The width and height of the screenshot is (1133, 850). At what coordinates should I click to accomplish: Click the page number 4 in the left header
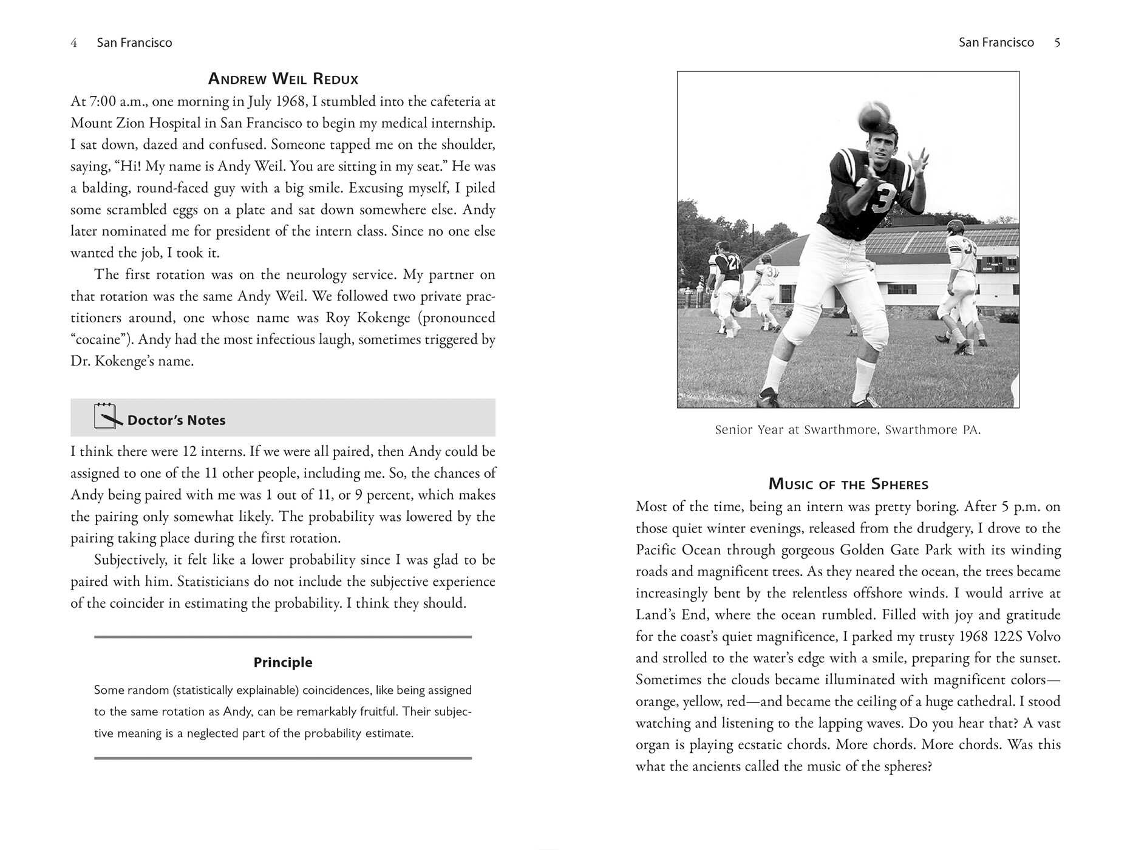click(x=73, y=42)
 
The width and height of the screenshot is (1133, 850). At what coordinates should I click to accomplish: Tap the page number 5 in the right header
click(x=1057, y=42)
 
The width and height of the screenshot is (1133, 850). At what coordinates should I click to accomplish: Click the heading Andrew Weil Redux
click(x=283, y=79)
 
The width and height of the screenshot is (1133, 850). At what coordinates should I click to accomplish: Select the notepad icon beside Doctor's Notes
click(x=106, y=416)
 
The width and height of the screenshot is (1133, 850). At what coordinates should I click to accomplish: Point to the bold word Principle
click(x=283, y=662)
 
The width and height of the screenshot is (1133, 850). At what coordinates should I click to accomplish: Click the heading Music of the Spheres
click(x=848, y=484)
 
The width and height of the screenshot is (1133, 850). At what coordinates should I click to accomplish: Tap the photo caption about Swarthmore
click(x=848, y=430)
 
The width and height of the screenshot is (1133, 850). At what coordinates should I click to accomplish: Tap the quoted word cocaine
click(x=101, y=339)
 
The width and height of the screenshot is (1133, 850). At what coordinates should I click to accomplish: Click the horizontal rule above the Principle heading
click(x=283, y=637)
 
